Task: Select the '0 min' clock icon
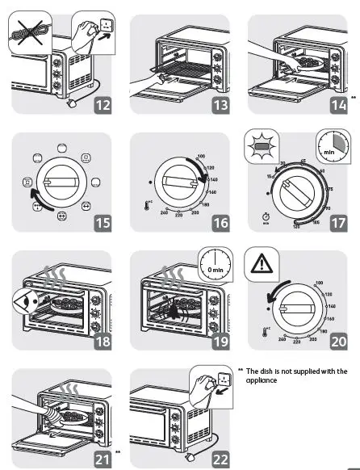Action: click(214, 264)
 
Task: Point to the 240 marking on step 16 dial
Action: click(164, 212)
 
